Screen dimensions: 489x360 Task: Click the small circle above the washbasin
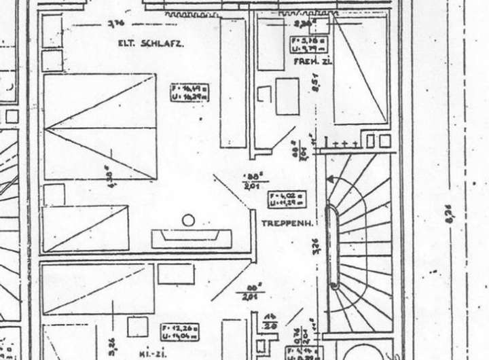[188, 219]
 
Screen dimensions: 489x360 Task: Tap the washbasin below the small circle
[192, 238]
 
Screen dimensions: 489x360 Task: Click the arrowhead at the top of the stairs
[330, 179]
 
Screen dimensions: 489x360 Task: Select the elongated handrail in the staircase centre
[333, 247]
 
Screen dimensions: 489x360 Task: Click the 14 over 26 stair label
[272, 321]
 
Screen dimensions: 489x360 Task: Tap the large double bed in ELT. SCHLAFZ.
[99, 127]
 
